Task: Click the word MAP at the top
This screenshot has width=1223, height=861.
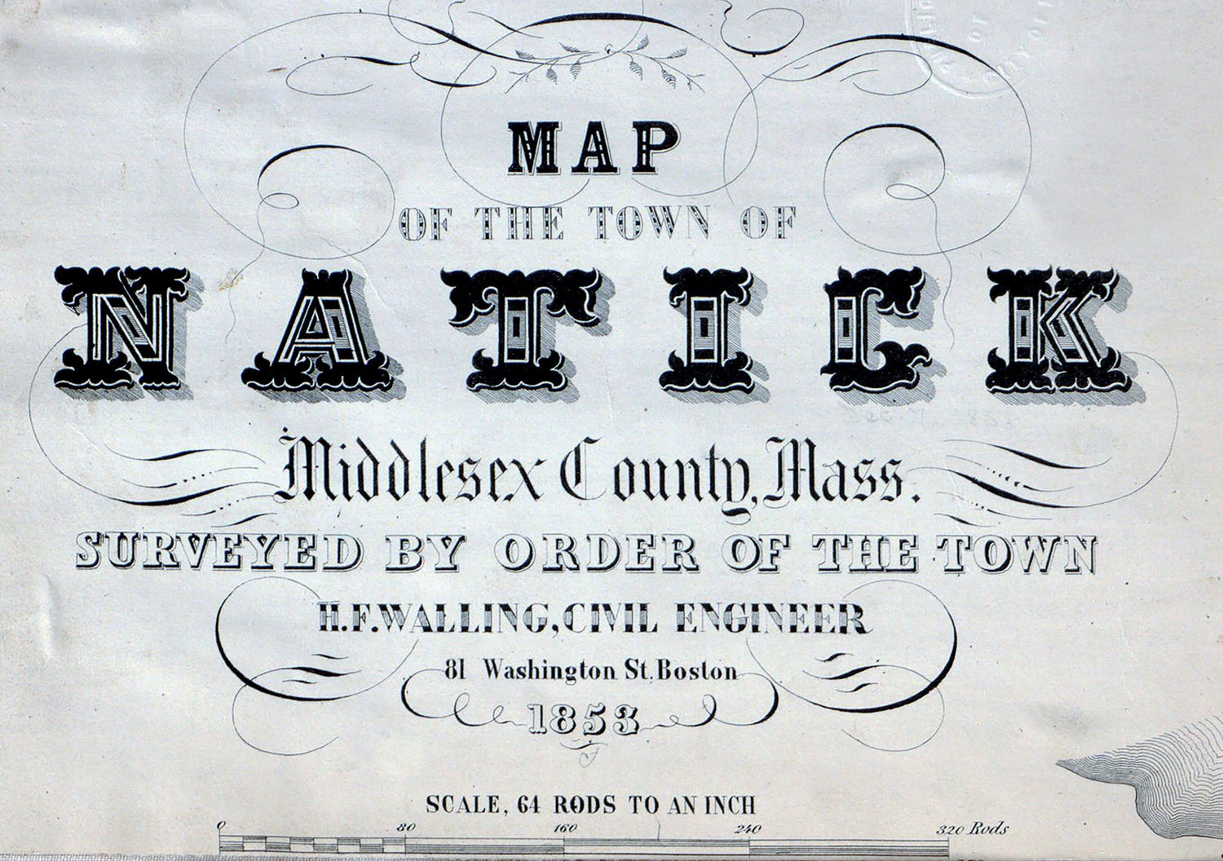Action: (594, 148)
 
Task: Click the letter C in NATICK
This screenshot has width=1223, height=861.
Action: (872, 328)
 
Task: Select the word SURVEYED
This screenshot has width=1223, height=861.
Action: (219, 554)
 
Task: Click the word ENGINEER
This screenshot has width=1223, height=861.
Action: (771, 620)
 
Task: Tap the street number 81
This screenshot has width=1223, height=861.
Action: (456, 671)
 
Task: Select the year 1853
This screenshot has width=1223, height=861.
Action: (583, 719)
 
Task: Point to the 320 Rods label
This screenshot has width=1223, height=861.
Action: (972, 829)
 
